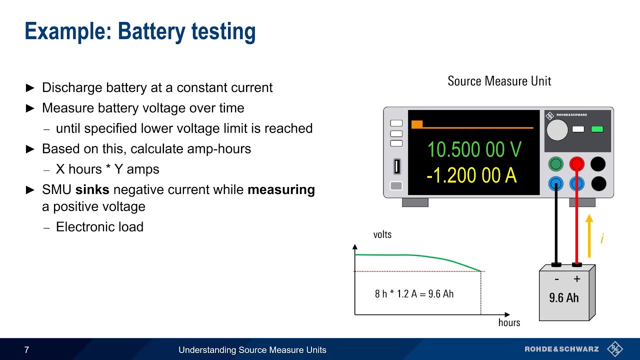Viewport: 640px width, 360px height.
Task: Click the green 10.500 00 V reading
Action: tap(474, 149)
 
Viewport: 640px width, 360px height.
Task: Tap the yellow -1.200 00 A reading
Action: tap(471, 175)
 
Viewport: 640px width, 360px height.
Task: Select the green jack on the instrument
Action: tap(555, 164)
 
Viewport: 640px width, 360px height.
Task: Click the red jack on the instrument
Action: tap(576, 164)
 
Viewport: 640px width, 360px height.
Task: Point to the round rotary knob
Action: tap(557, 130)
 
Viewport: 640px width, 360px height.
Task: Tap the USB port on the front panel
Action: tap(396, 166)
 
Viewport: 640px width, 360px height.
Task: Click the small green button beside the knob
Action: tap(596, 129)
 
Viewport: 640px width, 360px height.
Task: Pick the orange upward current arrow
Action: tap(589, 235)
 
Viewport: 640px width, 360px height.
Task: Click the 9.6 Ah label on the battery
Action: tap(563, 298)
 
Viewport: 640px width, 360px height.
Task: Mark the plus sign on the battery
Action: tap(576, 279)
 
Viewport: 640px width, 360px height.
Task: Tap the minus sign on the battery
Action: tap(556, 279)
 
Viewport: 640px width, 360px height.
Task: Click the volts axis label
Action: tap(382, 234)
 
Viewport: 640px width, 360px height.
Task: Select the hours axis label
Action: tap(509, 322)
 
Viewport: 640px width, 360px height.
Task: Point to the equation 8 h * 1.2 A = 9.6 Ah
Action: tap(414, 293)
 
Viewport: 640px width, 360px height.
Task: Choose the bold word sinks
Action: tap(92, 190)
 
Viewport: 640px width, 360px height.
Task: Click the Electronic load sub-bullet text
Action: tap(99, 227)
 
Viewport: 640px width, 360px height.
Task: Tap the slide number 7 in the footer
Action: tap(27, 350)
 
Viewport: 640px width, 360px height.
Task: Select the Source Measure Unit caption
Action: tap(499, 81)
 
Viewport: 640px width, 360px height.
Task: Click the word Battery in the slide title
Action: tap(151, 31)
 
